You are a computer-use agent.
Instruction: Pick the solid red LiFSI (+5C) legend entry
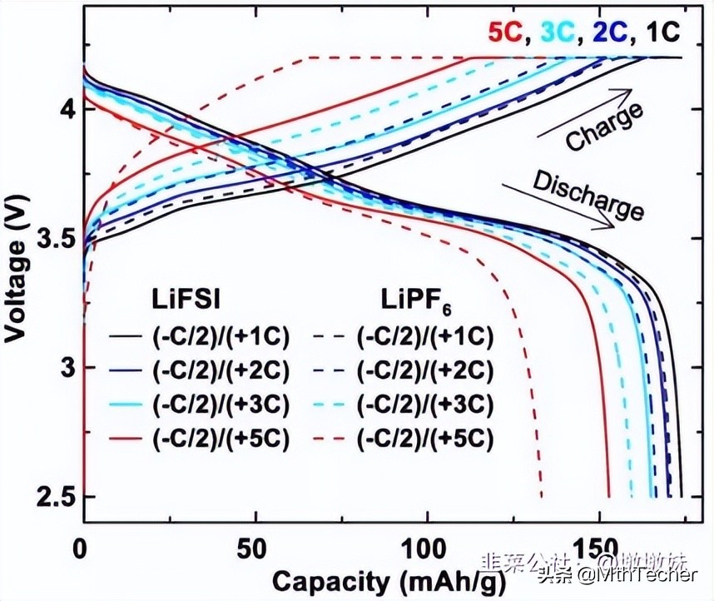(x=201, y=440)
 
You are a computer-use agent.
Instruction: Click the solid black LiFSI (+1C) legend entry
(x=201, y=337)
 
